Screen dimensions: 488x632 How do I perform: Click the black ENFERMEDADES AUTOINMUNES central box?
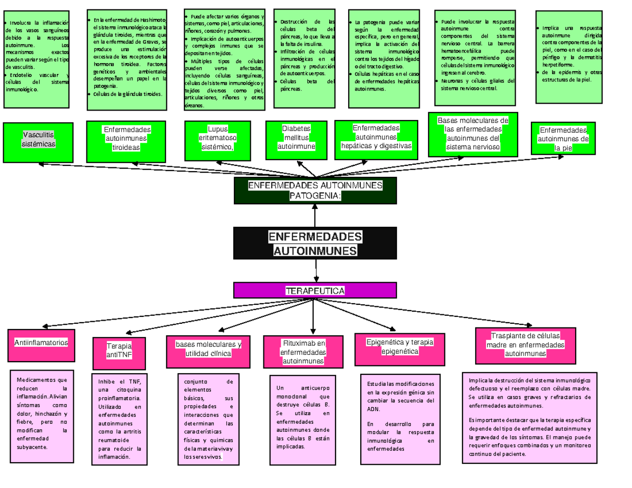click(x=314, y=243)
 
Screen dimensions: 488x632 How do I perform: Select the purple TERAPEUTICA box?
click(x=314, y=290)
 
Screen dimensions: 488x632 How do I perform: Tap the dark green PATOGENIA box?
click(x=314, y=191)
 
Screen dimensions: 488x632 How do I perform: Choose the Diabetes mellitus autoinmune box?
click(x=296, y=138)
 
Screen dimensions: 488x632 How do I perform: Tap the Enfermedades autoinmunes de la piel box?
click(x=562, y=138)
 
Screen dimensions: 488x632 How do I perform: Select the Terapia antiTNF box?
click(x=119, y=351)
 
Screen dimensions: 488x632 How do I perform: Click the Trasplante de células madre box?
click(x=525, y=345)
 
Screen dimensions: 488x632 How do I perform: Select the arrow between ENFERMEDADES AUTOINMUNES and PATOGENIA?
click(x=314, y=215)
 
